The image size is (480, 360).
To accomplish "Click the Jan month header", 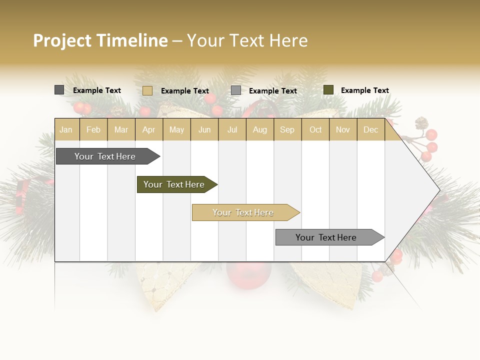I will coord(66,129).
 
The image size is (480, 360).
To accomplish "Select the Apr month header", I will coord(148,129).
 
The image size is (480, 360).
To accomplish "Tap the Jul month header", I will coord(232,129).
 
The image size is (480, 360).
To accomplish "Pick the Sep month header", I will coord(287,129).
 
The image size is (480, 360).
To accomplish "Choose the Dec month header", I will coord(370,129).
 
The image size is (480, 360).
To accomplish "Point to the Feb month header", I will coord(93,129).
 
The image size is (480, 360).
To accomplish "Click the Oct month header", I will coord(315,129).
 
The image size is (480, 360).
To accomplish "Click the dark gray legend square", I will coord(59,90).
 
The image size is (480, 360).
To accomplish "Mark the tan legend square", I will coord(147,90).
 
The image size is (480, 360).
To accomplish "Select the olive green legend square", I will coord(328,90).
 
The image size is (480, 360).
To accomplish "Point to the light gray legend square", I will coord(236,90).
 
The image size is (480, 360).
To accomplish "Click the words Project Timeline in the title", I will coord(100,40).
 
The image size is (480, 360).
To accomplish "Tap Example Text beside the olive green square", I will coord(364,90).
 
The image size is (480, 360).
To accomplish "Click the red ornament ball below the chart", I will coord(248,274).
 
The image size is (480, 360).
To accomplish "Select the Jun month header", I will coord(204,129).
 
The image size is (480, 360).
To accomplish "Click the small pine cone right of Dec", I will coord(421,122).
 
